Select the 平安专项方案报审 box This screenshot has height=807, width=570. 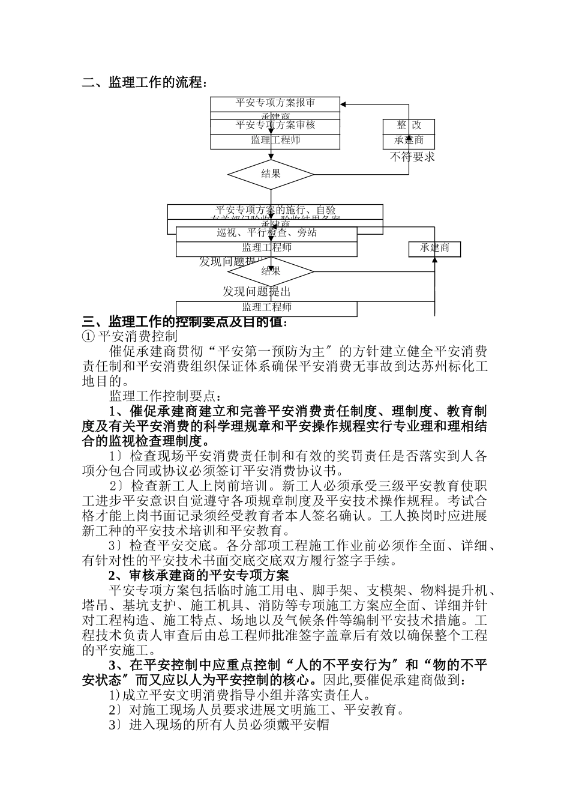click(x=275, y=103)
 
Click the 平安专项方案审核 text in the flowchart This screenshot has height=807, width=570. click(x=275, y=125)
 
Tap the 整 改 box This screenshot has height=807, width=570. click(x=409, y=125)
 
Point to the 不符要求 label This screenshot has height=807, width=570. click(x=412, y=157)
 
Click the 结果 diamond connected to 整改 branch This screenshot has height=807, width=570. click(x=271, y=174)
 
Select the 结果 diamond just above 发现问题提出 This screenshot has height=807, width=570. click(x=271, y=271)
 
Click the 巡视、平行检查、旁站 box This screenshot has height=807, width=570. click(x=266, y=233)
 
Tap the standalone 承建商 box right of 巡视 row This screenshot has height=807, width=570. click(x=435, y=248)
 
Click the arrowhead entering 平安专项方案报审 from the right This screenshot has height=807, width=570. click(x=344, y=103)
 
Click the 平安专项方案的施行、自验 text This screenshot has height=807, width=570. click(x=275, y=210)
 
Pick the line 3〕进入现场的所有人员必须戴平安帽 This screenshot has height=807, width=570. click(x=219, y=725)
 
